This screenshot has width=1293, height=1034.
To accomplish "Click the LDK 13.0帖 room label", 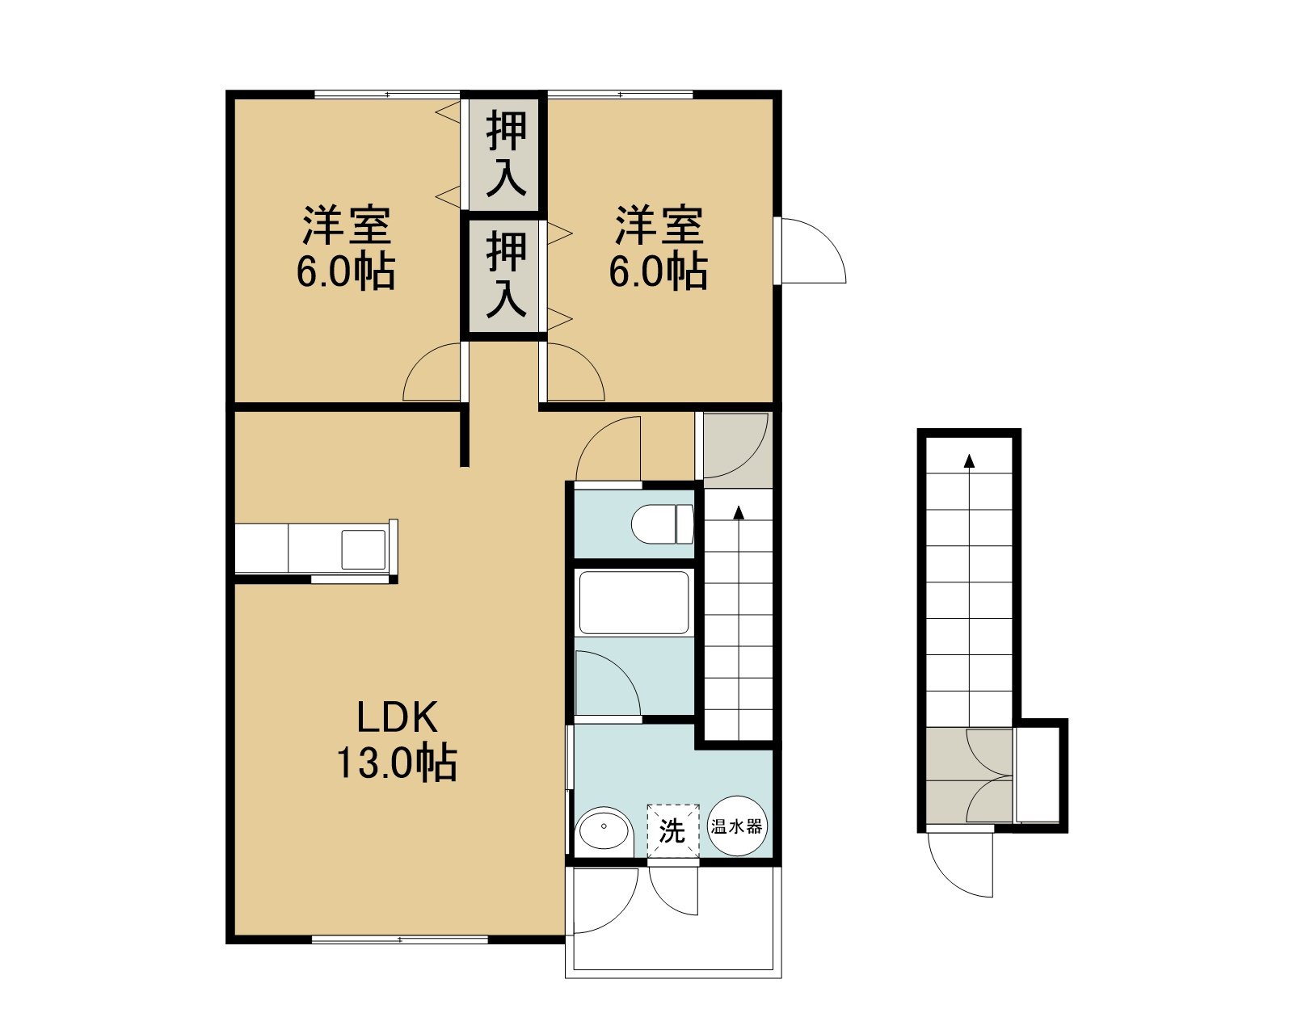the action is tap(397, 740).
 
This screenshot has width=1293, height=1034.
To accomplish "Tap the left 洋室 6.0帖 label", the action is tap(346, 248).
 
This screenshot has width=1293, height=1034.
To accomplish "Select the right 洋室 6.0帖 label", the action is tap(659, 248).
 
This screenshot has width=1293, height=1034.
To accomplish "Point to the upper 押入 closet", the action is tap(506, 154).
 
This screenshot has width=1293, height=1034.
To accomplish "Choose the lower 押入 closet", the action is tap(506, 275).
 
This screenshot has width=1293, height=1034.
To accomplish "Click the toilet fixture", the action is tap(662, 524).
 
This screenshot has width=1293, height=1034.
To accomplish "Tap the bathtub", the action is tap(634, 602).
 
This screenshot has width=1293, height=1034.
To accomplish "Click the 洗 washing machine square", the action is tap(673, 830).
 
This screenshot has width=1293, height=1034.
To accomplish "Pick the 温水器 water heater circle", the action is tap(737, 826).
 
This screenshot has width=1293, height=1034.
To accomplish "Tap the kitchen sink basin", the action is tap(364, 549).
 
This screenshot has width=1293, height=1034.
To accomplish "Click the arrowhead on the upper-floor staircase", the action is tap(739, 512).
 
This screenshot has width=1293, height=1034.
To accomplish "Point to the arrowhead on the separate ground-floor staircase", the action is tap(969, 460).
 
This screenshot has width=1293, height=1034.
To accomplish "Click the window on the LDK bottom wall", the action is tap(399, 939).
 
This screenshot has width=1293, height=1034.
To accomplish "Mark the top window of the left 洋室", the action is tap(387, 95).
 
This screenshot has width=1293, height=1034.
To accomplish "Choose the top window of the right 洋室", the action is tap(620, 95).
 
